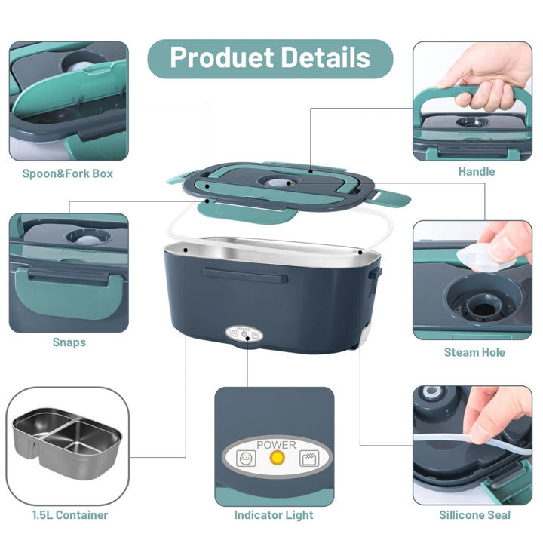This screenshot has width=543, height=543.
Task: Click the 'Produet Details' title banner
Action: click(x=270, y=59)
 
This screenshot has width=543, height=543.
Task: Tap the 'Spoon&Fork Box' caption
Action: click(x=67, y=173)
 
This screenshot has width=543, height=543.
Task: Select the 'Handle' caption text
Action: click(x=476, y=171)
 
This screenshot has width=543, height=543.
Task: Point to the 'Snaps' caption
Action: click(x=69, y=342)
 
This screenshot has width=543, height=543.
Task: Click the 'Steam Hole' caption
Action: click(x=474, y=352)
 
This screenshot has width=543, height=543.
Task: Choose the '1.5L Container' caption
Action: click(x=69, y=515)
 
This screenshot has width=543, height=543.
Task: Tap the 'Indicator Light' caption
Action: click(x=274, y=515)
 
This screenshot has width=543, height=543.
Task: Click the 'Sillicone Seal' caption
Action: click(x=475, y=515)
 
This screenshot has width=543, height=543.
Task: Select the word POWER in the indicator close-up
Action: click(x=276, y=444)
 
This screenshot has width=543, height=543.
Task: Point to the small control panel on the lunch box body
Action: click(x=243, y=334)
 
